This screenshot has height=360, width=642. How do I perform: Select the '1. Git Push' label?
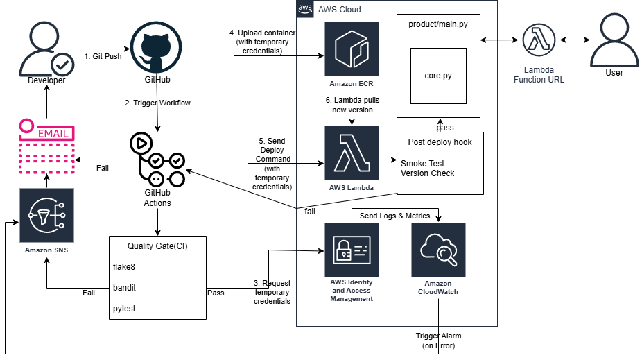point(103,56)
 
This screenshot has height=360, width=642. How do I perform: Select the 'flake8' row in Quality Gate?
point(157,266)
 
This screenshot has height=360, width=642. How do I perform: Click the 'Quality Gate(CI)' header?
point(157,246)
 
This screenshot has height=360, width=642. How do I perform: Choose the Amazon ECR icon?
point(352,49)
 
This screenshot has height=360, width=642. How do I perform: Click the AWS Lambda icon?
point(352,153)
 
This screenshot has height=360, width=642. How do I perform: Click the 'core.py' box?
point(438,75)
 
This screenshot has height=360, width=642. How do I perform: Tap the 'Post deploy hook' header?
point(440,142)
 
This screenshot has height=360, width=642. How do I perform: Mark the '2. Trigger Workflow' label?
point(157,103)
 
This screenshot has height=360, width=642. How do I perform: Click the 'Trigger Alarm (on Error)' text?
point(438,341)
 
